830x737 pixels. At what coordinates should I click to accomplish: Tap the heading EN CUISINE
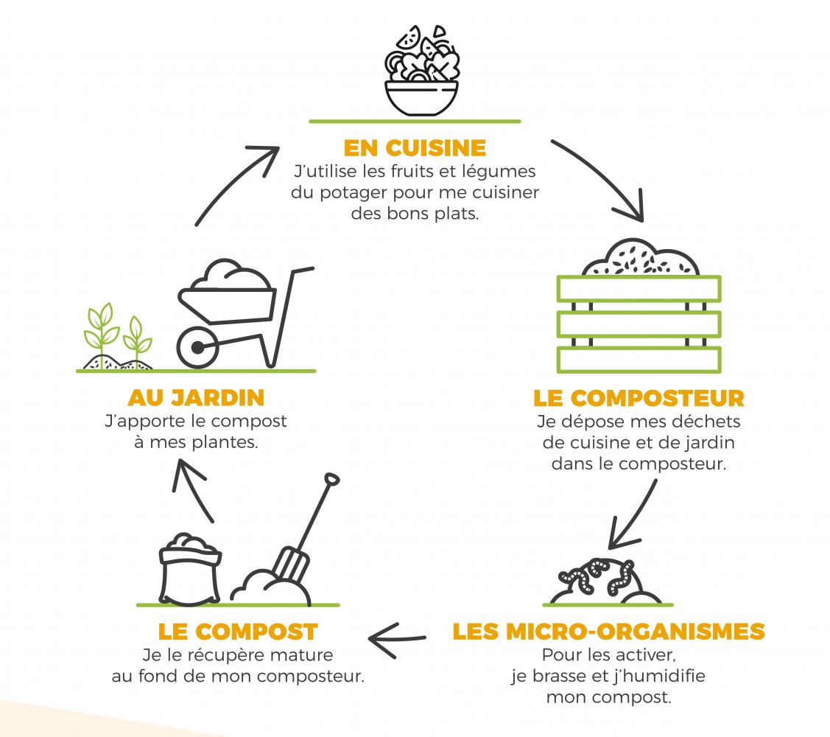(x=415, y=147)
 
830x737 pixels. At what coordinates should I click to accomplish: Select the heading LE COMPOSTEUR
(x=639, y=399)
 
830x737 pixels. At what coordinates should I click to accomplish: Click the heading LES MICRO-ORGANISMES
(x=608, y=632)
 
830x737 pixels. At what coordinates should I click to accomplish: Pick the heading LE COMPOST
(x=238, y=632)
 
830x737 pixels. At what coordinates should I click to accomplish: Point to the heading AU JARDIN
(x=196, y=398)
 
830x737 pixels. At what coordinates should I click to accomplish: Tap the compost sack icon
(x=190, y=567)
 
